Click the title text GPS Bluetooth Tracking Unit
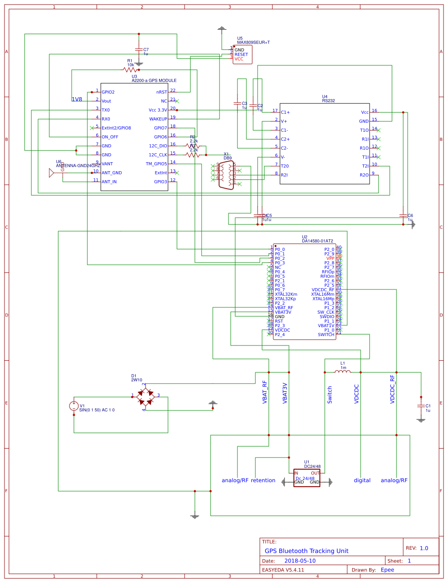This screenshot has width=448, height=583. pos(306,551)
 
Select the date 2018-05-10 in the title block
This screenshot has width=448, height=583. pos(300,561)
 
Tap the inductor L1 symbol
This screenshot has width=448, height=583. pos(343,371)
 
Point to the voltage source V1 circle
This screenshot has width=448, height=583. pos(74,406)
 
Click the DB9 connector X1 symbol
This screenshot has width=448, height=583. pos(227,175)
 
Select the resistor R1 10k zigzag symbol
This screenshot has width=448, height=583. pos(130,69)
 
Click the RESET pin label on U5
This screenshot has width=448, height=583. pos(241,55)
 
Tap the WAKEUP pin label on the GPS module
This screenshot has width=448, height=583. pos(158,119)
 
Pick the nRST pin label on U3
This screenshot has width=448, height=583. pos(161,92)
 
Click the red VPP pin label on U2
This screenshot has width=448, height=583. pos(330,259)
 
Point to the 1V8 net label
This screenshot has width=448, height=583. pos(77,99)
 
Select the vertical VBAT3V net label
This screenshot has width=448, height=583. pos(285,393)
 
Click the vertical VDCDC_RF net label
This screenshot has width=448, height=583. pos(392,389)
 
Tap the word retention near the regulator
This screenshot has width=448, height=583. pos(263,480)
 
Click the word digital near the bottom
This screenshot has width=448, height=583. pos(362,480)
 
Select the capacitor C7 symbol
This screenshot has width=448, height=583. pos(139,50)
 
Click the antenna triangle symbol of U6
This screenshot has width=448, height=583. pos(52,173)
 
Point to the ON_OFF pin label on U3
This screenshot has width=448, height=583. pos(110,137)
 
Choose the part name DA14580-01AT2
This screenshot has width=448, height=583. pos(317,241)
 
